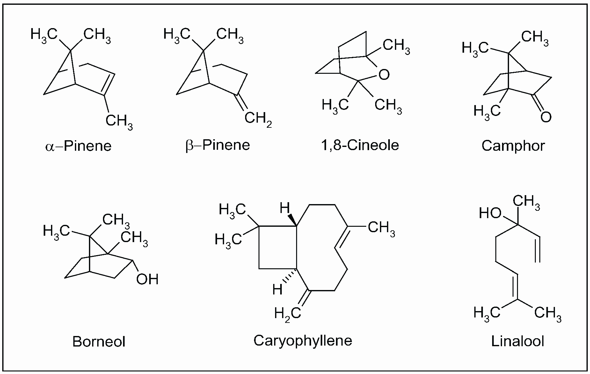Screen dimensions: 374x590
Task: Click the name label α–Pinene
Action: (78, 146)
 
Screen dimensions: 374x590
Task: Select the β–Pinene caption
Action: (218, 145)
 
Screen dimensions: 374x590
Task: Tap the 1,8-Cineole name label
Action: (360, 145)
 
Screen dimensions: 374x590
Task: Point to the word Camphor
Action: (513, 146)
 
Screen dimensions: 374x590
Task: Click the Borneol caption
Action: (99, 341)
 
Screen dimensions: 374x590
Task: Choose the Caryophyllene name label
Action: (303, 340)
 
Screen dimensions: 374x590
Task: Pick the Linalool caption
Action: (518, 341)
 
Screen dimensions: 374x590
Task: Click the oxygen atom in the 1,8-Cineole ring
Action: (384, 75)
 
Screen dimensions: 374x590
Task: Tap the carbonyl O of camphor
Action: (546, 117)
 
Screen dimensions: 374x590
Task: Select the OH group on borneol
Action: (147, 279)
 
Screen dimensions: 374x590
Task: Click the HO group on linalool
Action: (490, 213)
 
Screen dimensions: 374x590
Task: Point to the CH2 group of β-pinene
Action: (258, 119)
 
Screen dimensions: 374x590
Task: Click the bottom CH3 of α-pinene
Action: (119, 122)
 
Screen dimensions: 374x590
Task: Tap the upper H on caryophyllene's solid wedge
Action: (284, 209)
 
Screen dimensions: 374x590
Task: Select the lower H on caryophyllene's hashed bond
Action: (277, 290)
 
